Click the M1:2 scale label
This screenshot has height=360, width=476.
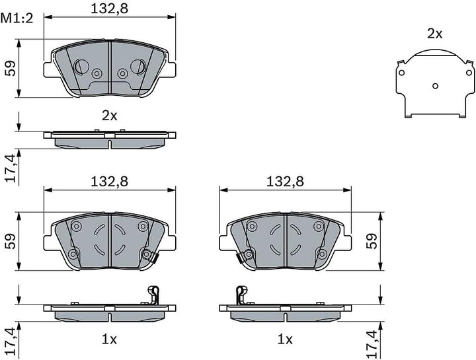tap(17, 18)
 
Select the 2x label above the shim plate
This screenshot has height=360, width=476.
tap(435, 34)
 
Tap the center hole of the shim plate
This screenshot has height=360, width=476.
tap(435, 86)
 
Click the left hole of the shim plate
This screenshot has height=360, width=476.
tap(401, 73)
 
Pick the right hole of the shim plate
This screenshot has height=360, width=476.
tap(469, 73)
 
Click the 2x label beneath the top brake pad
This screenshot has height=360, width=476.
tap(110, 116)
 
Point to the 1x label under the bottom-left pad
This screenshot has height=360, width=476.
tap(109, 340)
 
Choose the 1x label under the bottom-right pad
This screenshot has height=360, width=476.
tap(285, 340)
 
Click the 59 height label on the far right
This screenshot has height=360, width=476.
tap(372, 241)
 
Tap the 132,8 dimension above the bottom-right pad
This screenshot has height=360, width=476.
tap(285, 182)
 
